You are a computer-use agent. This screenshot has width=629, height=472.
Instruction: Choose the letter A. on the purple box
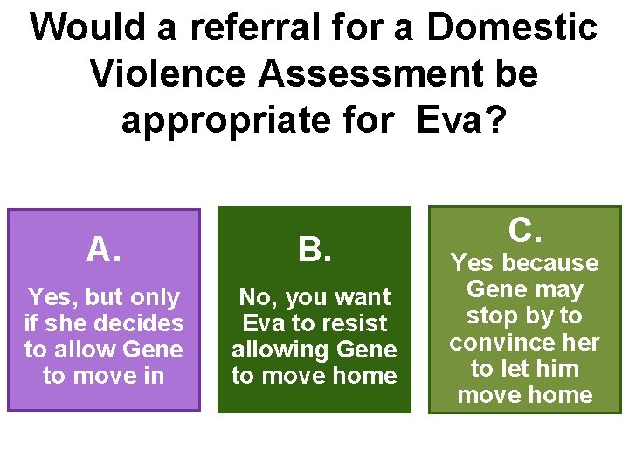104,251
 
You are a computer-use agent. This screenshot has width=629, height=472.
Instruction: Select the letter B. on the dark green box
314,251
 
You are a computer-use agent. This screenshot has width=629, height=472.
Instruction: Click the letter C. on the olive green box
525,231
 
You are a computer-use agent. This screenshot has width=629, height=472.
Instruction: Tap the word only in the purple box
154,297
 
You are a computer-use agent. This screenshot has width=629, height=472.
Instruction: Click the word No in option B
256,297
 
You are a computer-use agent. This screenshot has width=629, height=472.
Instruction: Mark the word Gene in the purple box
154,350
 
